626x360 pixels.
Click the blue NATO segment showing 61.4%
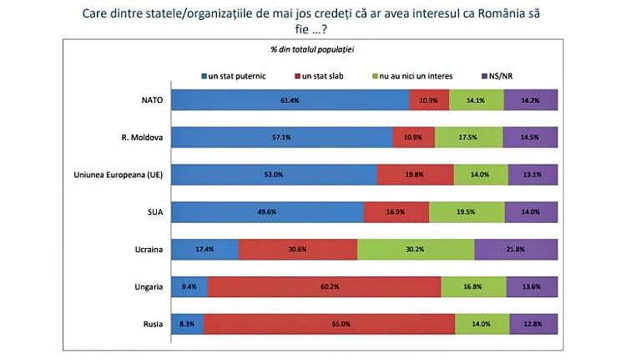(x=291, y=99)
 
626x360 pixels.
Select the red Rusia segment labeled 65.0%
(x=329, y=323)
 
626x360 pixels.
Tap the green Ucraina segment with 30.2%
(x=416, y=249)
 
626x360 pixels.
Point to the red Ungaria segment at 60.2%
(x=324, y=286)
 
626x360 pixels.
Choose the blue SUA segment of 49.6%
(x=268, y=211)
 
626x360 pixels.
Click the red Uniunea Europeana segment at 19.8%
(x=415, y=174)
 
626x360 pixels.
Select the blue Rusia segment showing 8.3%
(x=188, y=323)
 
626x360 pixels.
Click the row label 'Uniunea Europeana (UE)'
(x=120, y=174)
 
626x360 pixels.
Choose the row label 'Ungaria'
(x=147, y=286)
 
